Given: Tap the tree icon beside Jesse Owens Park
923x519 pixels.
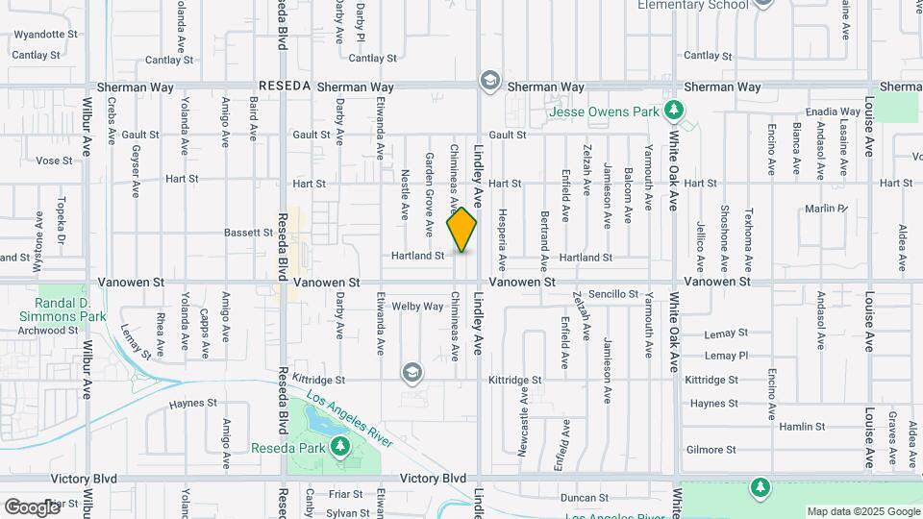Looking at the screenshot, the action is point(675,111).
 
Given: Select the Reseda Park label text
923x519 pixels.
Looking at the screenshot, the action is point(287,448).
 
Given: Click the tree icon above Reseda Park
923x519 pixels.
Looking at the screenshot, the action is point(339,446).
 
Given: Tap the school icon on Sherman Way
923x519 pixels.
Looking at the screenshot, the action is point(490,80).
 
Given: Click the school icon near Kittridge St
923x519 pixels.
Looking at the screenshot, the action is point(412,372).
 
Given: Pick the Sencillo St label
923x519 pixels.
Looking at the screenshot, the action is point(613,294).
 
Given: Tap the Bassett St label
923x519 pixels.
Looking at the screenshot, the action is point(248,233).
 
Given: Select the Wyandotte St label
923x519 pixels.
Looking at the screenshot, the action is point(45,35).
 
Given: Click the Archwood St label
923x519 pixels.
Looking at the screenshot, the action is point(47,330).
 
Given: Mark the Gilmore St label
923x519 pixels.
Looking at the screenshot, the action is point(711,450).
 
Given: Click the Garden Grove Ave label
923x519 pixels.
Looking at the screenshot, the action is point(429,195).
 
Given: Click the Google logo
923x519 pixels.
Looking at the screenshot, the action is point(32,507).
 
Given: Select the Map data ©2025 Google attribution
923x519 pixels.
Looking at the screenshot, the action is point(862,511).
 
